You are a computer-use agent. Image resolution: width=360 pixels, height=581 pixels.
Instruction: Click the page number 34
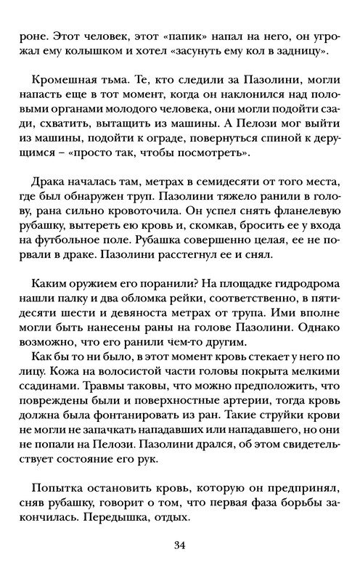[x=180, y=546]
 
